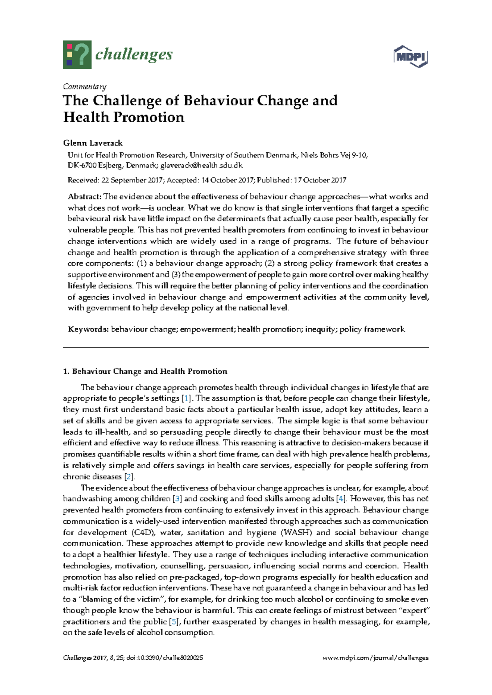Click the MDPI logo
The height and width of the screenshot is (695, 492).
(x=410, y=56)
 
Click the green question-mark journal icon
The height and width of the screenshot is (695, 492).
(x=77, y=55)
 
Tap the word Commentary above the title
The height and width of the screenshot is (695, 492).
(x=84, y=86)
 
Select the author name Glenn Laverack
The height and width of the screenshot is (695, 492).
(x=93, y=143)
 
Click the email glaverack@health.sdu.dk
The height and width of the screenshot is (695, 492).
(x=201, y=166)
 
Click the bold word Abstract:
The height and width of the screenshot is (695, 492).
(x=84, y=197)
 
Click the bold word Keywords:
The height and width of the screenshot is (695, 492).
(x=88, y=329)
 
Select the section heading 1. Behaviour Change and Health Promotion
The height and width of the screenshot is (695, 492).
(x=145, y=372)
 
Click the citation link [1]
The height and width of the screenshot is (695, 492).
(x=187, y=398)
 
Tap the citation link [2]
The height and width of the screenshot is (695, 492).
(x=129, y=477)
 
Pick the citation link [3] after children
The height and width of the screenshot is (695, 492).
(x=177, y=499)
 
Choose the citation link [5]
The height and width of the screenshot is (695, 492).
(x=174, y=622)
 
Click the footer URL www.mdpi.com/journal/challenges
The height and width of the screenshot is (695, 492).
(x=376, y=658)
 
